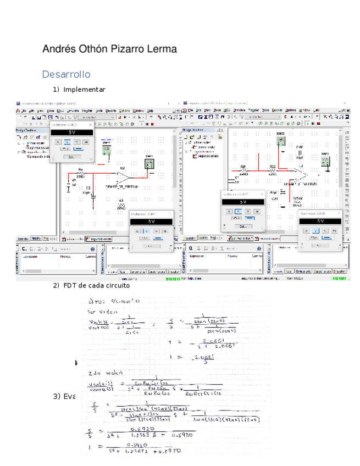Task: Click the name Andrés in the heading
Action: coord(58,49)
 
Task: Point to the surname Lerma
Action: coord(163,49)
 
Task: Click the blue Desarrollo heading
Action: coord(66,74)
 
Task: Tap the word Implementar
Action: coord(84,90)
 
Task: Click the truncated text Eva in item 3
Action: coord(69,397)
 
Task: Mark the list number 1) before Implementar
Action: coord(56,90)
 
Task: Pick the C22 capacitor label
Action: coord(300,148)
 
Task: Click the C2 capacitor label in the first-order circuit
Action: coord(88,188)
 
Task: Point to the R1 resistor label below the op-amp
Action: coord(121,201)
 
